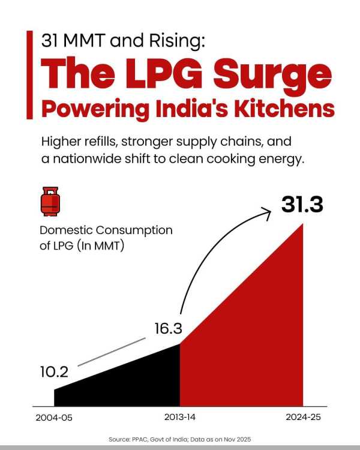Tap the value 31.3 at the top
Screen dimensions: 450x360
click(302, 205)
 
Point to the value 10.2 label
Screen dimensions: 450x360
click(54, 371)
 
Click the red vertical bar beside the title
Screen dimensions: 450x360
click(30, 75)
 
